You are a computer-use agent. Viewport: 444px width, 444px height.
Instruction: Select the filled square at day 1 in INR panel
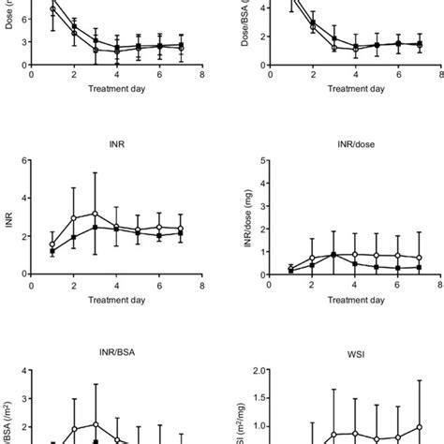(52, 251)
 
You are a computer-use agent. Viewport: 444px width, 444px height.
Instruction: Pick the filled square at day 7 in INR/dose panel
(418, 267)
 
